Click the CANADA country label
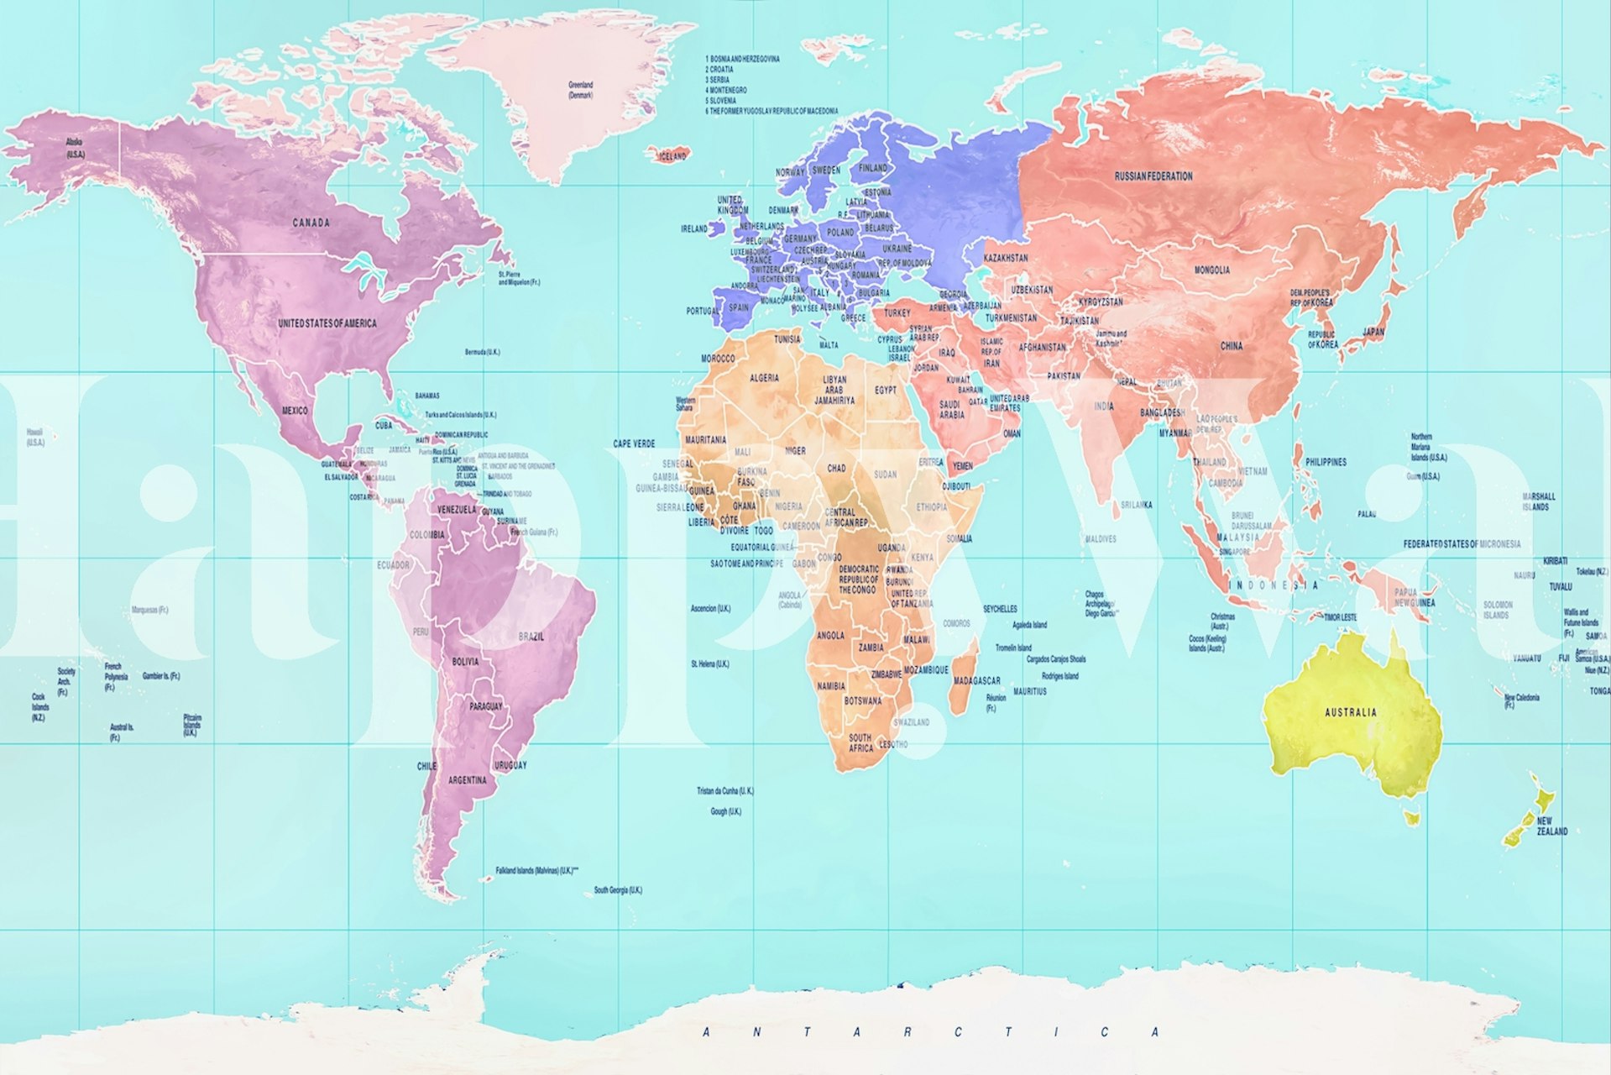(311, 223)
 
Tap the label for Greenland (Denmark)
(580, 90)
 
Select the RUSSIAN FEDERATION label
(1153, 176)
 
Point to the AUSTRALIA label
(1350, 712)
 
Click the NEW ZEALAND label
(1551, 826)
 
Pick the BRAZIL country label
(531, 637)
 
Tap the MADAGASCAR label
(975, 680)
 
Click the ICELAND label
(672, 156)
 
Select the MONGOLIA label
(1211, 270)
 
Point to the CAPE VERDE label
(634, 443)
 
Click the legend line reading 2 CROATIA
(719, 70)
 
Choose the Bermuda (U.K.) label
(482, 352)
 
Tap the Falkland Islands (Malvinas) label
(537, 871)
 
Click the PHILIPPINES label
(1326, 462)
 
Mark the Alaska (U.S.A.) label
(75, 149)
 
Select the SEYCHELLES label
(1000, 609)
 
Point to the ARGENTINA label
(467, 780)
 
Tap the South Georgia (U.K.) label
(618, 890)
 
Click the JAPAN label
(1373, 333)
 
